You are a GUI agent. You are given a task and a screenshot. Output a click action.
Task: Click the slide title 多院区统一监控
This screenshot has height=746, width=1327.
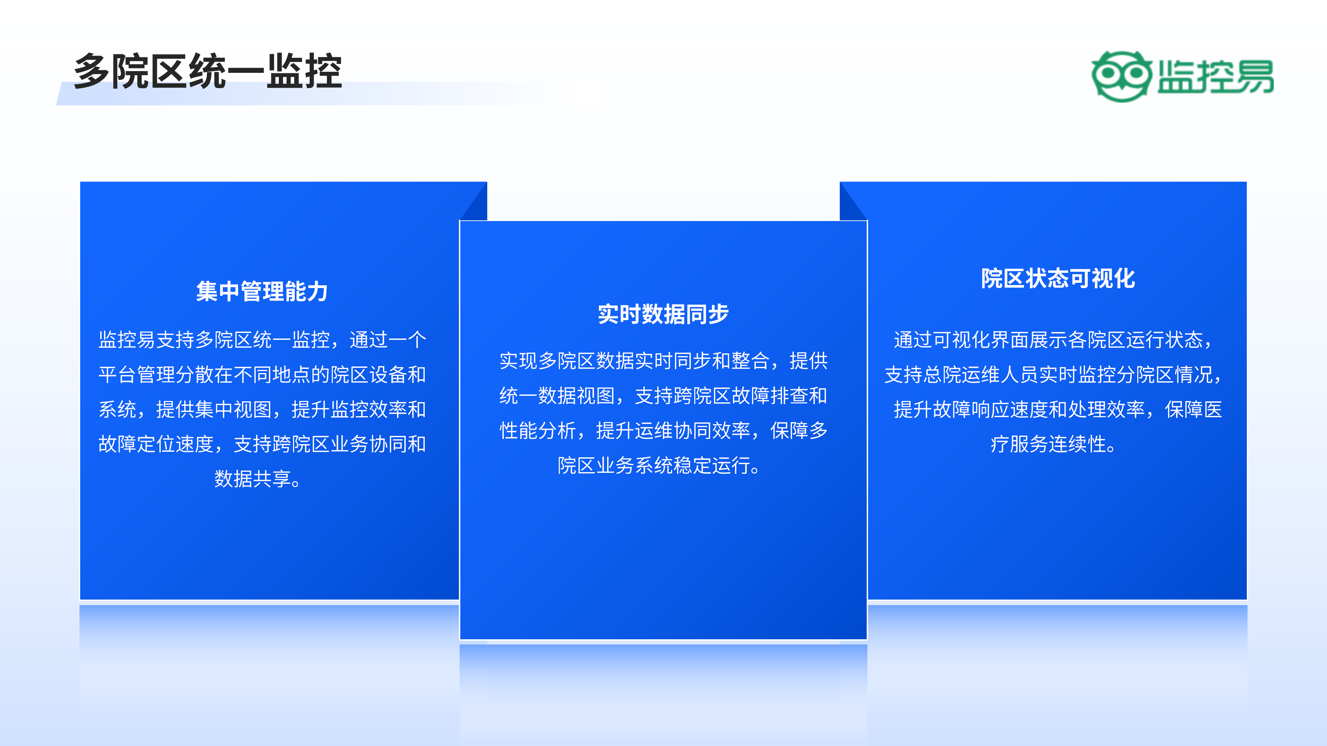click(x=208, y=71)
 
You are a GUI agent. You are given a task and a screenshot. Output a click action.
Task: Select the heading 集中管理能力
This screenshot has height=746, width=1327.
click(x=262, y=291)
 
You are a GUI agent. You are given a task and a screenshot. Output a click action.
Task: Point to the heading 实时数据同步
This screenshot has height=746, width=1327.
click(x=663, y=314)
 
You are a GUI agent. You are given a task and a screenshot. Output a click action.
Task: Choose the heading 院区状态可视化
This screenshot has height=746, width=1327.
click(x=1057, y=278)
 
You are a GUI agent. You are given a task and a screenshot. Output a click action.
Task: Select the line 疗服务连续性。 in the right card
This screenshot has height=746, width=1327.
click(x=1053, y=444)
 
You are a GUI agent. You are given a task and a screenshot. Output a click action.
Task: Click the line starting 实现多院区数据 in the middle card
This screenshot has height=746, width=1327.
click(x=663, y=361)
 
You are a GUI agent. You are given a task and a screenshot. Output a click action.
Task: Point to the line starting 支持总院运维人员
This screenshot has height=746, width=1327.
click(x=1053, y=375)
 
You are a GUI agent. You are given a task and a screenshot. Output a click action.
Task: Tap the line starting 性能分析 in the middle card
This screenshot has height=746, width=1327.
click(x=663, y=430)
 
